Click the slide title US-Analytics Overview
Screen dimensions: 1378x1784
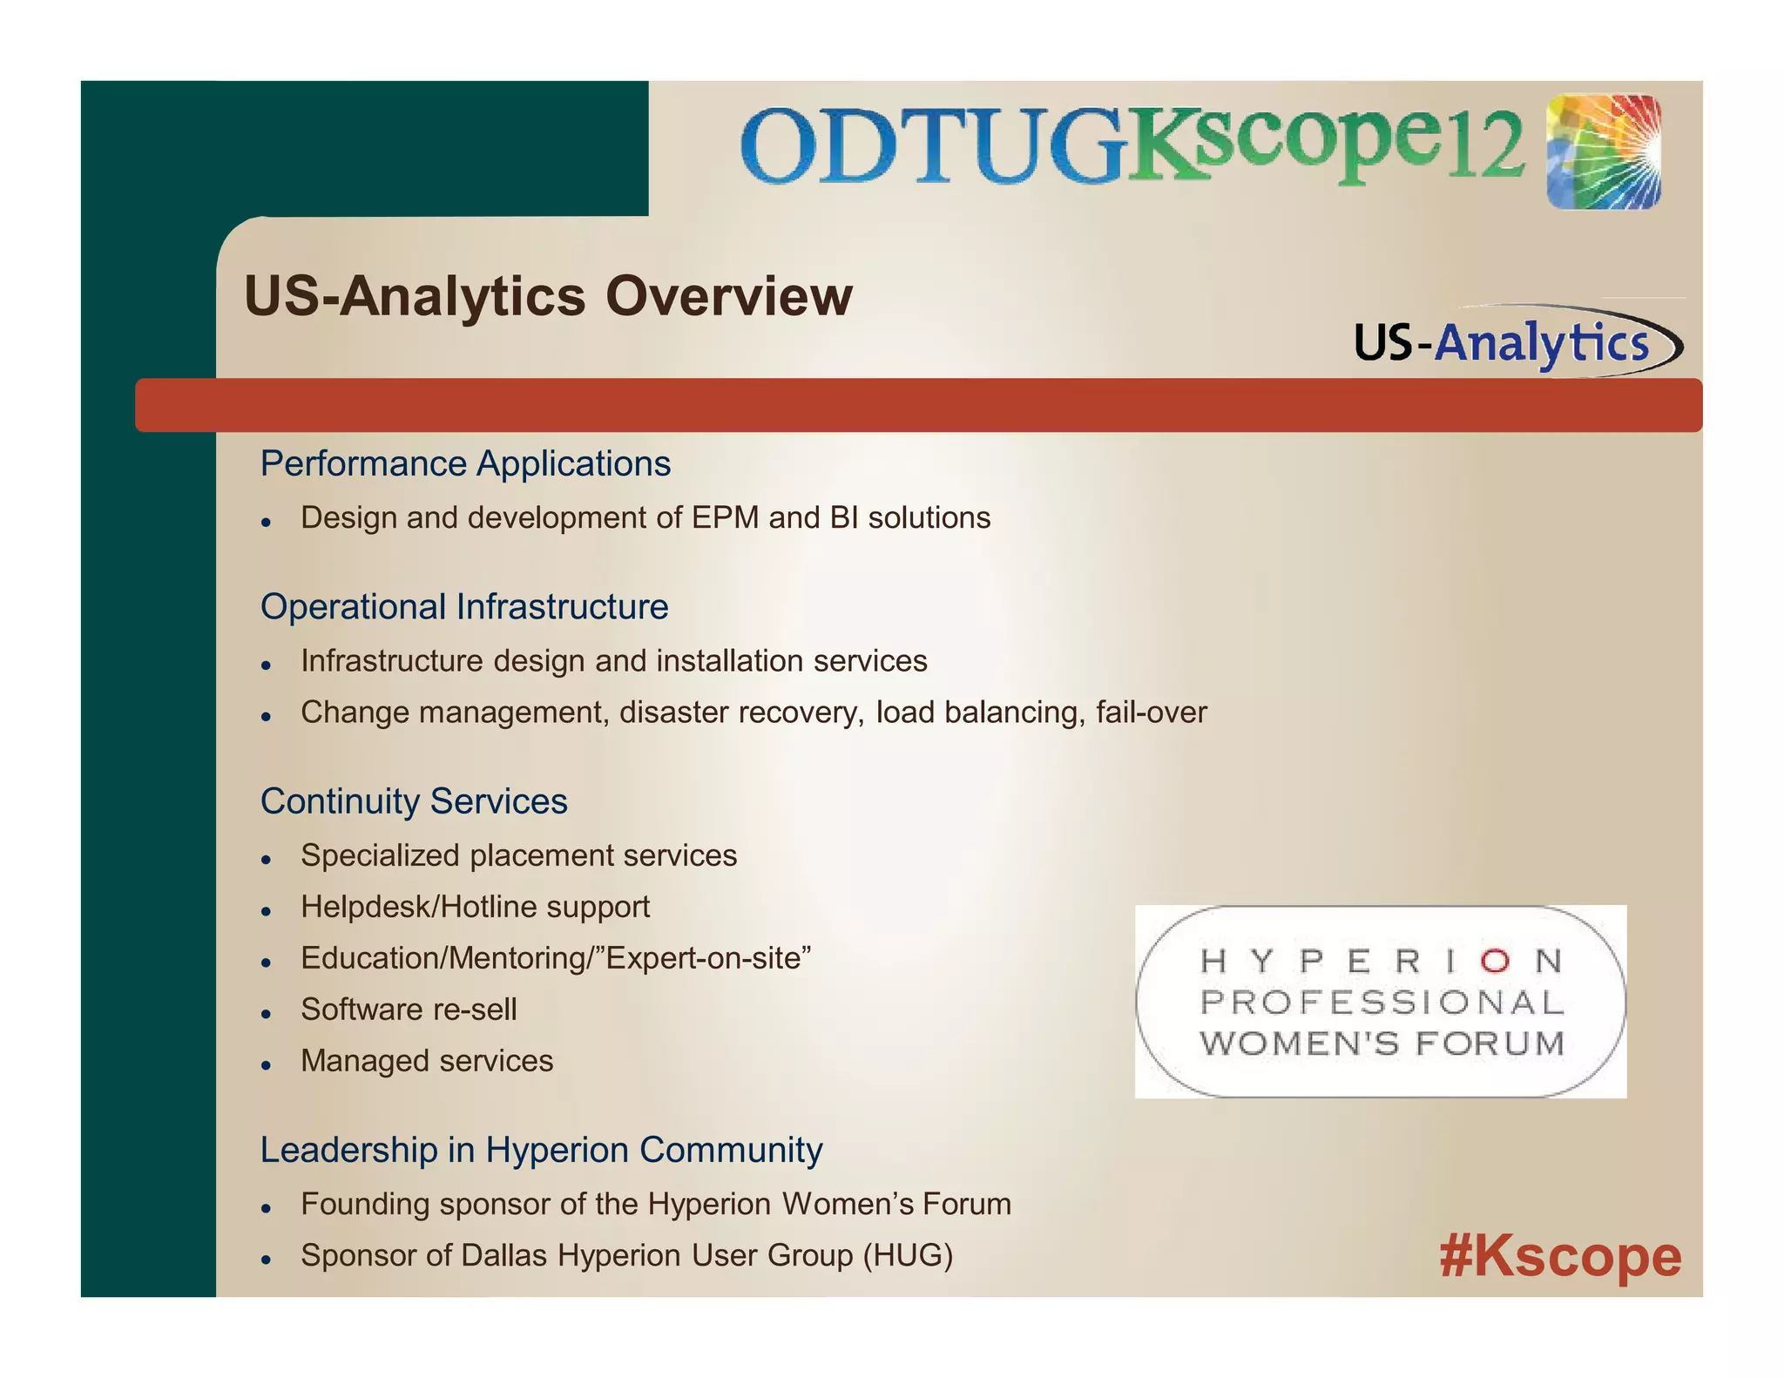[x=548, y=296]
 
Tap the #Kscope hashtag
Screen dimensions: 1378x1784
[x=1559, y=1256]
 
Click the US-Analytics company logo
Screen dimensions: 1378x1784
[x=1516, y=341]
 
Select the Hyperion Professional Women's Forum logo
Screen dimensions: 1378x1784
[x=1381, y=1002]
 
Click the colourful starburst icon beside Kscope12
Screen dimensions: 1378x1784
[x=1604, y=152]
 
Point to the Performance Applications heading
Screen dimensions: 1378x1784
[x=465, y=463]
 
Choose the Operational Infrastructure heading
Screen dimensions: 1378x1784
[x=464, y=607]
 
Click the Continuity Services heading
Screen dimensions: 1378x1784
[x=414, y=801]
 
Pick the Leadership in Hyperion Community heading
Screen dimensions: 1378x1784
[x=541, y=1150]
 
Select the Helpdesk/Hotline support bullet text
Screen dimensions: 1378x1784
[x=475, y=907]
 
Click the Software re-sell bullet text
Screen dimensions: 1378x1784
[x=409, y=1010]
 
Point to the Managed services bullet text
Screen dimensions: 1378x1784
[x=427, y=1061]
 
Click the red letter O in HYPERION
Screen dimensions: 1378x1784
[x=1495, y=961]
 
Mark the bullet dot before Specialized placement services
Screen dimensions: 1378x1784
[x=267, y=860]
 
